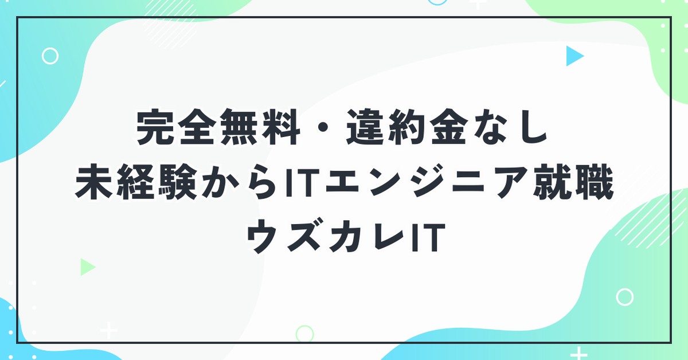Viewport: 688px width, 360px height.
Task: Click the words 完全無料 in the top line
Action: point(218,127)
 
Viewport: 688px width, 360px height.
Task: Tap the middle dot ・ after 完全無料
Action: point(323,127)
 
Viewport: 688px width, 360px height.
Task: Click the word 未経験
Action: point(136,182)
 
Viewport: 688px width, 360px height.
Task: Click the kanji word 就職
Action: point(573,182)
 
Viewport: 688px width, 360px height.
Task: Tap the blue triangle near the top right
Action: point(573,56)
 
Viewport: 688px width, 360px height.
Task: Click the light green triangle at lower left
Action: point(87,267)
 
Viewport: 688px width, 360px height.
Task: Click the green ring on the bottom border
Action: point(297,334)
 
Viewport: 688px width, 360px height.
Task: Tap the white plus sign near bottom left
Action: point(109,331)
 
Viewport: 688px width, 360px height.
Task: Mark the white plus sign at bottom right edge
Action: point(578,354)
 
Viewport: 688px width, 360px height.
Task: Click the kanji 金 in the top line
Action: point(449,127)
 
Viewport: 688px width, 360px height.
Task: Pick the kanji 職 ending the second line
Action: point(595,182)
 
